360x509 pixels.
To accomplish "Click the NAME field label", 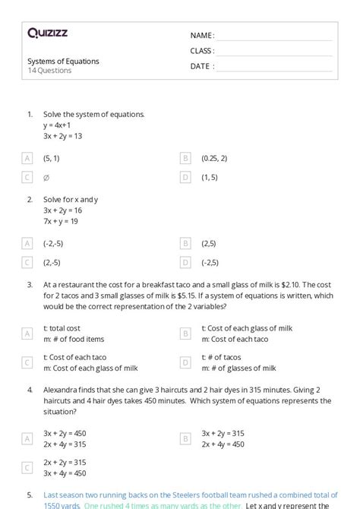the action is tap(202, 35).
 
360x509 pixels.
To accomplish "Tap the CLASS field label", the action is tap(202, 50).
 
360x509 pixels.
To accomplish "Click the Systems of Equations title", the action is tap(63, 62).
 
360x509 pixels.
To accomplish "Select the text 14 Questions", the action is tap(49, 71).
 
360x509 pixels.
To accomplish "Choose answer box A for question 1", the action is tap(27, 158).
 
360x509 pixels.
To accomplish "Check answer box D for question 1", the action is tap(185, 177).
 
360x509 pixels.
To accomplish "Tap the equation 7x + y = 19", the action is tap(62, 221).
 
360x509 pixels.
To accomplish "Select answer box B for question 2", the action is tap(185, 243).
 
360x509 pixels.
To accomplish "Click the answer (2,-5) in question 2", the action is tap(52, 263).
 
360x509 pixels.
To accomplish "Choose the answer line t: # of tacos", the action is tap(221, 357).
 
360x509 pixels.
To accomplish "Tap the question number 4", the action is tap(30, 390).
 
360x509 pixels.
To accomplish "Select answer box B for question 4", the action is tap(185, 438).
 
